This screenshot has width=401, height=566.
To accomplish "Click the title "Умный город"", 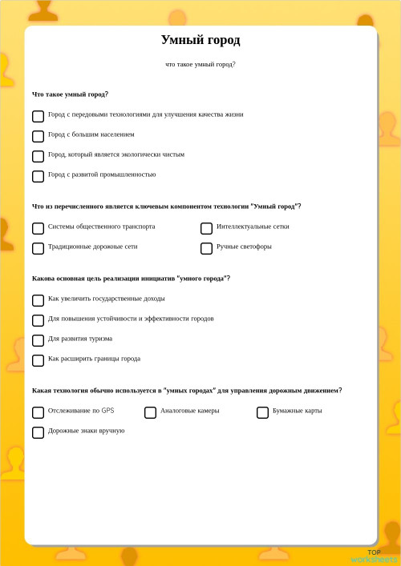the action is pos(200,40).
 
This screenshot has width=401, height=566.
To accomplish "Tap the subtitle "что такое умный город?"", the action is pos(200,64).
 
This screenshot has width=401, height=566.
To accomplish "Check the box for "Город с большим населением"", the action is pos(38,136).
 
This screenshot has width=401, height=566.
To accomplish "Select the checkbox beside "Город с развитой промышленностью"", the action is pos(38,176).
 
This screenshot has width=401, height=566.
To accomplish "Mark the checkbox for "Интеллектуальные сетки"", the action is pos(206,228).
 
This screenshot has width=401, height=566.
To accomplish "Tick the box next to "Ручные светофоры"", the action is pos(206,248).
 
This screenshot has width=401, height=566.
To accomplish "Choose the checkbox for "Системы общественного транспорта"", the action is pos(38,228).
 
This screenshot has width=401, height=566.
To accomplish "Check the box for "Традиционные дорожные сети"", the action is pos(38,248).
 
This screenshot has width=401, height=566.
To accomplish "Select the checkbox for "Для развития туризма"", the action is pos(38,340).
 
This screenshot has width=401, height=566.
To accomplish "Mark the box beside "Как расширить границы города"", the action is pos(38,360).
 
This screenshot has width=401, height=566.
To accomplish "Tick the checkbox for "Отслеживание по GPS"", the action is pos(38,412).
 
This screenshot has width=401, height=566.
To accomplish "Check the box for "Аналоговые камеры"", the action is pos(150,412).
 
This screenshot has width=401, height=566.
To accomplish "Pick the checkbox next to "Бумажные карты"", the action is pos(262,412).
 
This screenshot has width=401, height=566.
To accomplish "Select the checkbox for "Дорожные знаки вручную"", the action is pos(38,432).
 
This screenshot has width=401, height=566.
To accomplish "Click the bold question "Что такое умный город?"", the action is pos(71,94).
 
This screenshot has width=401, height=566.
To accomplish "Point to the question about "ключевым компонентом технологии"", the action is pos(167,207).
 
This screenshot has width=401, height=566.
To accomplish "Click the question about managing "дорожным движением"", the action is pos(187,391).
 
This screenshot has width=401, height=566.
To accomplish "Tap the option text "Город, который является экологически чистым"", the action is pos(115,155).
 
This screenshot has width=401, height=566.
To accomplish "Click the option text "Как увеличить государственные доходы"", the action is pos(106,299).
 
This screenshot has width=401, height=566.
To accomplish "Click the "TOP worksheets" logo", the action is pos(374,556).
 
